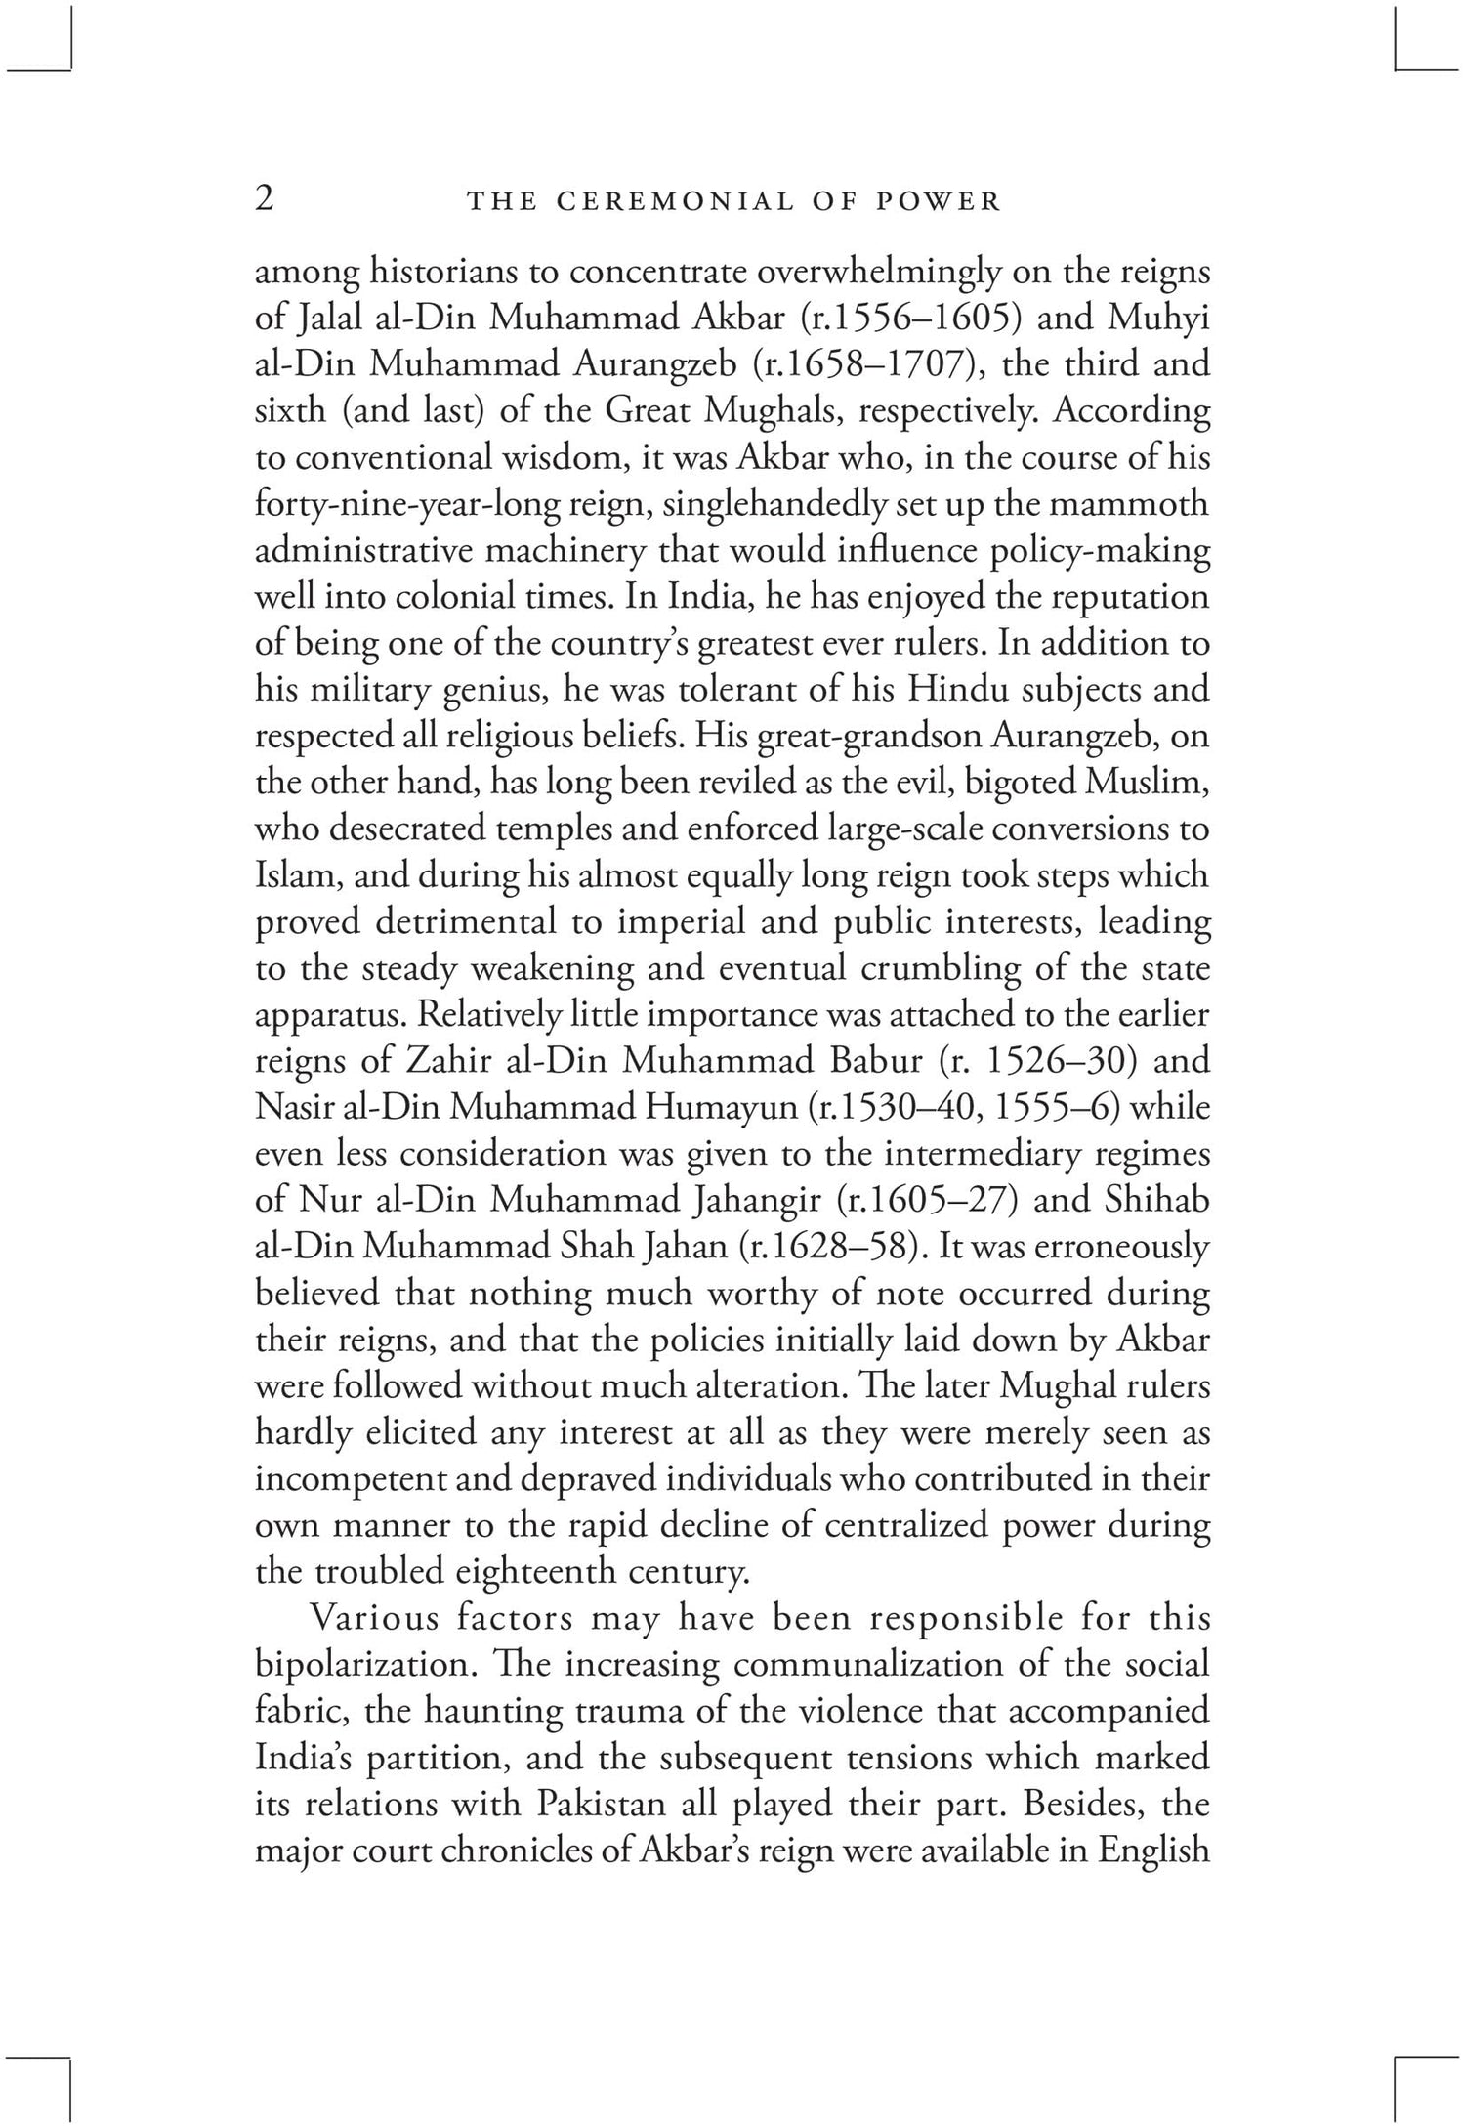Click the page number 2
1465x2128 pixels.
tap(264, 198)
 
